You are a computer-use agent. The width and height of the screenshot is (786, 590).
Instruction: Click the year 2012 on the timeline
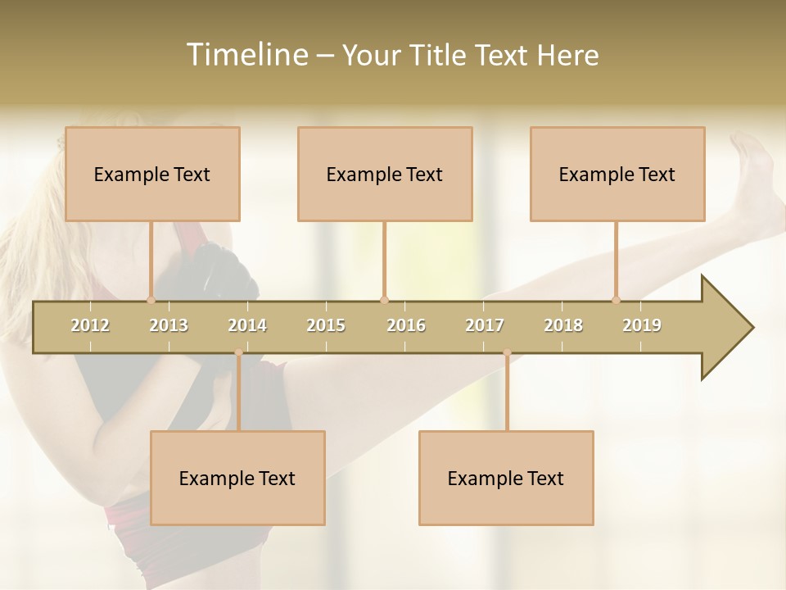tap(90, 325)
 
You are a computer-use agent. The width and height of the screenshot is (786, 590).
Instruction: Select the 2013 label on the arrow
tap(169, 325)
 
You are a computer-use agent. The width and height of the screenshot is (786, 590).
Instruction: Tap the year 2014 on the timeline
tap(247, 325)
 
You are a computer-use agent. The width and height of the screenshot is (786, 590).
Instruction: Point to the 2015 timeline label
tap(326, 325)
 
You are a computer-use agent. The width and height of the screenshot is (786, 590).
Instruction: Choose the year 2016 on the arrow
tap(406, 325)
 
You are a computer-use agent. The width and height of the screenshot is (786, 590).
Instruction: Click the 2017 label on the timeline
tap(485, 325)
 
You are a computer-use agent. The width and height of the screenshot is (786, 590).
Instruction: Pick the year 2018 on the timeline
tap(563, 325)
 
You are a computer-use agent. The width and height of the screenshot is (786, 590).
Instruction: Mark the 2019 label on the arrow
tap(642, 325)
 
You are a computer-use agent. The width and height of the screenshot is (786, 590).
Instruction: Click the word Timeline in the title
tap(246, 55)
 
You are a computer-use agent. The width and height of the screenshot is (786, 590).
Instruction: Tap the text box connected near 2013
tap(152, 174)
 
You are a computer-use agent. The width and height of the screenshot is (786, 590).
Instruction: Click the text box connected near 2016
tap(385, 174)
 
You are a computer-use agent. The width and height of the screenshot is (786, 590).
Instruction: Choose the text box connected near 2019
tap(617, 174)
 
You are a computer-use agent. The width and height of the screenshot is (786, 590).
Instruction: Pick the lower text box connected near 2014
tap(237, 478)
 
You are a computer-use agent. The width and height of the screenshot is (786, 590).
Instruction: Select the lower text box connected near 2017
tap(506, 478)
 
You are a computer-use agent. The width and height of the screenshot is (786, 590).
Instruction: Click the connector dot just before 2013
tap(151, 300)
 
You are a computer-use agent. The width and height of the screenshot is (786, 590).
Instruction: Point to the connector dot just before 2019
tap(617, 300)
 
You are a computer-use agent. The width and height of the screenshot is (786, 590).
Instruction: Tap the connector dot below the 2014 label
tap(238, 352)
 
